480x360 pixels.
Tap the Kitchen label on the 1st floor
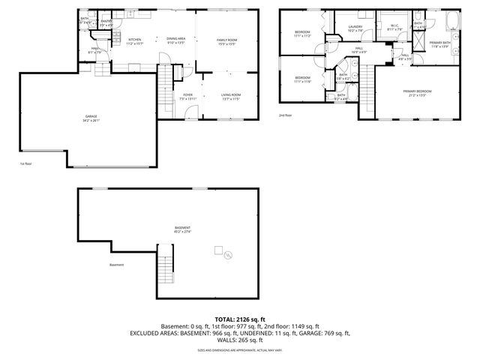pyautogui.click(x=135, y=40)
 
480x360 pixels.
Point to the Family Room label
pyautogui.click(x=226, y=40)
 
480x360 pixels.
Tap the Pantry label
pyautogui.click(x=106, y=22)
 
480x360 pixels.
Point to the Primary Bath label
pyautogui.click(x=440, y=43)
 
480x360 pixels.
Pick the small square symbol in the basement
pyautogui.click(x=218, y=248)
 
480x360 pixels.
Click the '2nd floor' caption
pyautogui.click(x=285, y=115)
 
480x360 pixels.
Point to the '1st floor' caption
pyautogui.click(x=26, y=163)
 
